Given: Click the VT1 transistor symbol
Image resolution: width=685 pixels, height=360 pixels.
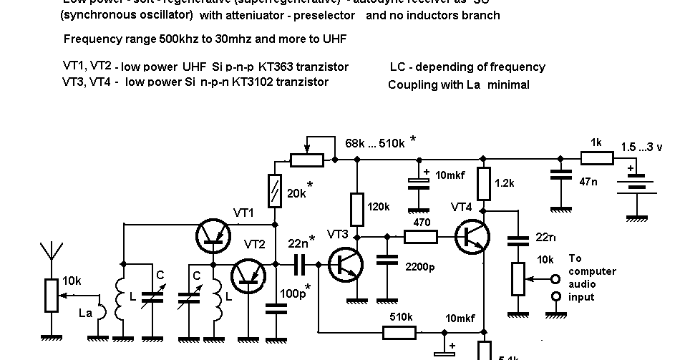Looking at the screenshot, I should point(213,235).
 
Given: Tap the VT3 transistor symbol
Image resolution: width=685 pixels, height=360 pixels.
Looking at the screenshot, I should point(347,264).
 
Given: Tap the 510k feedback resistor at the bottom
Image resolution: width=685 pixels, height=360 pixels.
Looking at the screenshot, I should point(399,331).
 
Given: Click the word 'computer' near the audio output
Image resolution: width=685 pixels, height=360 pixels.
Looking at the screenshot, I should point(593,271).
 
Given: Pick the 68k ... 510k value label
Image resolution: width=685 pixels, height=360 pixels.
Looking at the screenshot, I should point(374,143).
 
